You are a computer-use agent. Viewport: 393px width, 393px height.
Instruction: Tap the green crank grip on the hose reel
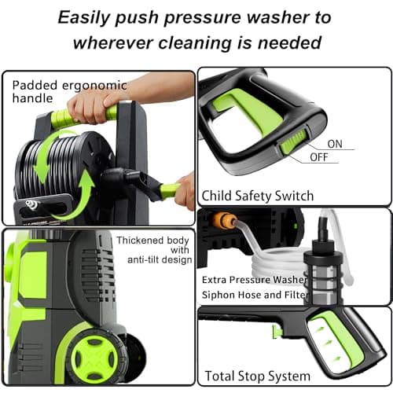[x=168, y=189]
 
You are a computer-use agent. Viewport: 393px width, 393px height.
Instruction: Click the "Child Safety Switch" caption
[x=257, y=196]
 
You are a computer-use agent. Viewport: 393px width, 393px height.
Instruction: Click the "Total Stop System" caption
[x=256, y=375]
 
